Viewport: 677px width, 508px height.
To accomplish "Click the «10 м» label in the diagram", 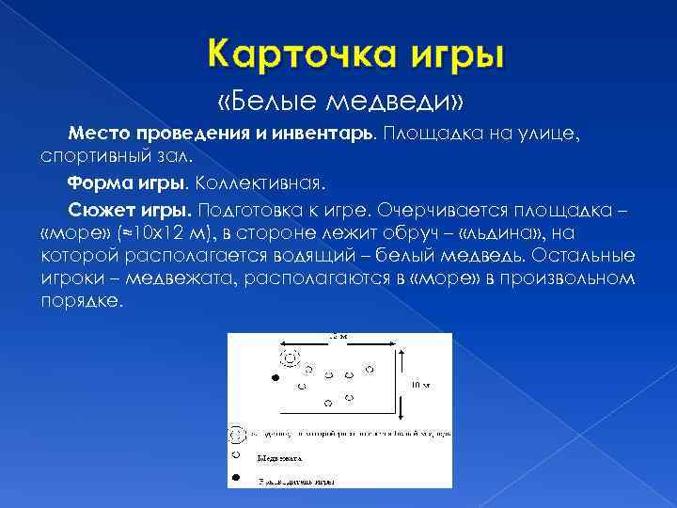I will [x=420, y=384].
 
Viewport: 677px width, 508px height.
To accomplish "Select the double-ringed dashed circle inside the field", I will [x=288, y=356].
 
